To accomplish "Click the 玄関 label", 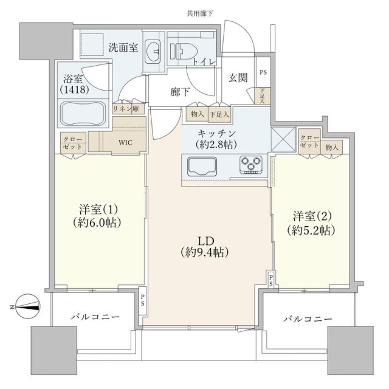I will (238, 77).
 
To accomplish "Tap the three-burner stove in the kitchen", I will (252, 164).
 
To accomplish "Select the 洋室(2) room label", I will (312, 223).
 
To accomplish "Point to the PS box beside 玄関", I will (263, 72).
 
